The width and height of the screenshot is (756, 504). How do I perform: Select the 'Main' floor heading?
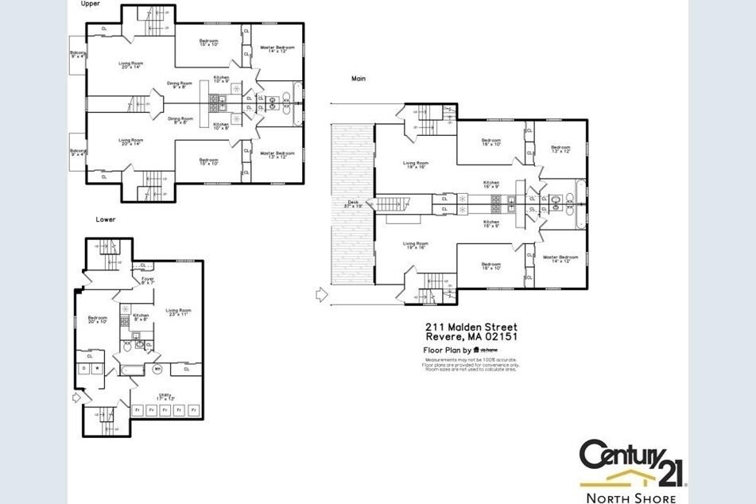click(x=359, y=78)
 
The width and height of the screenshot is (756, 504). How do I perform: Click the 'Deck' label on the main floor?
click(x=354, y=204)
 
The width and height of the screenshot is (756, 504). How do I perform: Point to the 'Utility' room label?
click(x=165, y=396)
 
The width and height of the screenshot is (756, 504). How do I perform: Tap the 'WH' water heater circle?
click(x=157, y=370)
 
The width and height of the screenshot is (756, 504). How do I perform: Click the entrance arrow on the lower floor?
click(x=76, y=396)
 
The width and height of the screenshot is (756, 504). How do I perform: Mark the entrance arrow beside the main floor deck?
click(x=321, y=295)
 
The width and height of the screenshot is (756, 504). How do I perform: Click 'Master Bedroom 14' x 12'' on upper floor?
click(x=277, y=49)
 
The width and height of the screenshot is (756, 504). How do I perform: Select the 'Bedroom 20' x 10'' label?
click(x=98, y=320)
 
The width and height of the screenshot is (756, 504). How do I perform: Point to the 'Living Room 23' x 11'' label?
click(x=178, y=312)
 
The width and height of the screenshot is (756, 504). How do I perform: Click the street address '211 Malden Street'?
click(x=471, y=327)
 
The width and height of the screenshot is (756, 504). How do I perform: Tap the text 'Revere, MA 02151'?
click(x=471, y=337)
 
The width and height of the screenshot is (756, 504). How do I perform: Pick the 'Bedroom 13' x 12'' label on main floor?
click(x=560, y=149)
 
